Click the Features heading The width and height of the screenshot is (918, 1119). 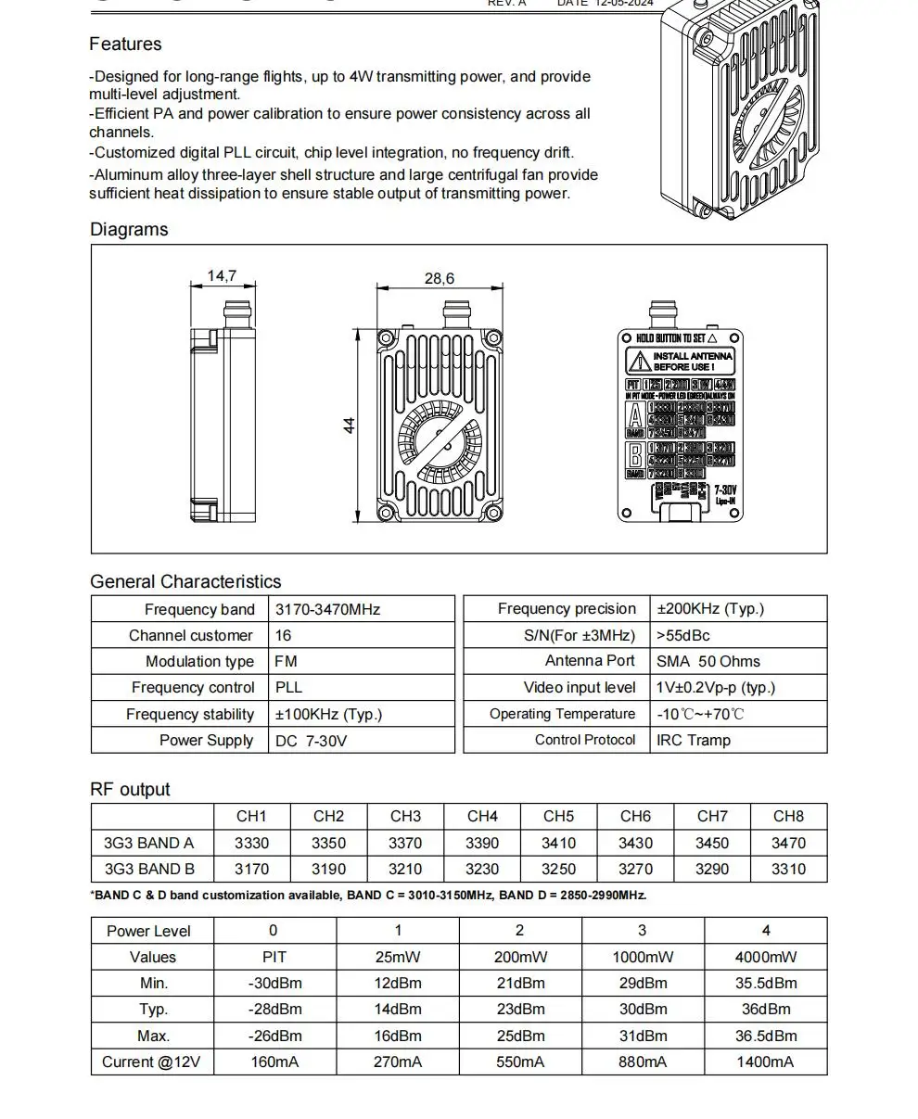pyautogui.click(x=125, y=45)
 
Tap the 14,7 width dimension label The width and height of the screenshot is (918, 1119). pyautogui.click(x=222, y=275)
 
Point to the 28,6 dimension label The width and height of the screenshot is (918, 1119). pyautogui.click(x=440, y=278)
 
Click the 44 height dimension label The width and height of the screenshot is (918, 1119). pyautogui.click(x=350, y=426)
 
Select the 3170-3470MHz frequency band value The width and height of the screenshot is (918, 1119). pyautogui.click(x=327, y=609)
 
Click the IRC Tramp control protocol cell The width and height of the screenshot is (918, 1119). pyautogui.click(x=694, y=740)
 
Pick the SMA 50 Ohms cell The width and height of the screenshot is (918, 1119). pyautogui.click(x=708, y=661)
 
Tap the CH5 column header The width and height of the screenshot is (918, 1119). pyautogui.click(x=558, y=816)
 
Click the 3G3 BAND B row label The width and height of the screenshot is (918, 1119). pyautogui.click(x=149, y=869)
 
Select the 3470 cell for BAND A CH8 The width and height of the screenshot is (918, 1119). pyautogui.click(x=788, y=843)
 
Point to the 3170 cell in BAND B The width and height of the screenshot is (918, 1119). pyautogui.click(x=251, y=869)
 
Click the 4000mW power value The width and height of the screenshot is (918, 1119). pyautogui.click(x=765, y=957)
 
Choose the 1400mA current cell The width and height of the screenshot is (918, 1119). pyautogui.click(x=765, y=1062)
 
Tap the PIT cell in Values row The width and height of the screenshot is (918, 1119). pyautogui.click(x=274, y=957)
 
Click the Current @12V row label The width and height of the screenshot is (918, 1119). pyautogui.click(x=151, y=1062)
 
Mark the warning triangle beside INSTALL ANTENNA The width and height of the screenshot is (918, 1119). pyautogui.click(x=639, y=362)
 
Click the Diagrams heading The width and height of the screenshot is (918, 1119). pyautogui.click(x=129, y=229)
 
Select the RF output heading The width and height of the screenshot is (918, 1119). pyautogui.click(x=130, y=789)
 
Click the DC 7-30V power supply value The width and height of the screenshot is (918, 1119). pyautogui.click(x=311, y=741)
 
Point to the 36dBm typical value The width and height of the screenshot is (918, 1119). pyautogui.click(x=765, y=1009)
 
